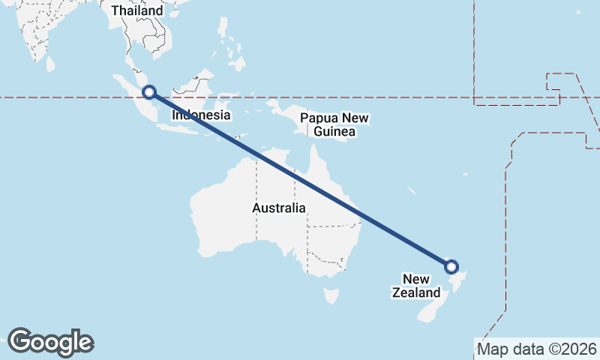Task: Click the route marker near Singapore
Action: coord(149,92)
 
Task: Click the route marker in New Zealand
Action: coord(451,266)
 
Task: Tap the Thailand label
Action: coord(137,11)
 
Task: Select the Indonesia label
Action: coord(201,115)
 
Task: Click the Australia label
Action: coord(278,208)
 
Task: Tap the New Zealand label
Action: coord(414,286)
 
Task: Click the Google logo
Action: coord(50,342)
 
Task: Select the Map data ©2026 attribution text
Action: coord(536,349)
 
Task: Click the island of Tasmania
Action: coord(331,296)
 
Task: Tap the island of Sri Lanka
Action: coord(50,64)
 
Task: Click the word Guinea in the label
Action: coord(334,132)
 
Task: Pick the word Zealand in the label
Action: coord(414,292)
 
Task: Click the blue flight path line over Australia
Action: coord(300,179)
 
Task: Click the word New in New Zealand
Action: coord(414,278)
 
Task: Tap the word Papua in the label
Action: coord(315,118)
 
